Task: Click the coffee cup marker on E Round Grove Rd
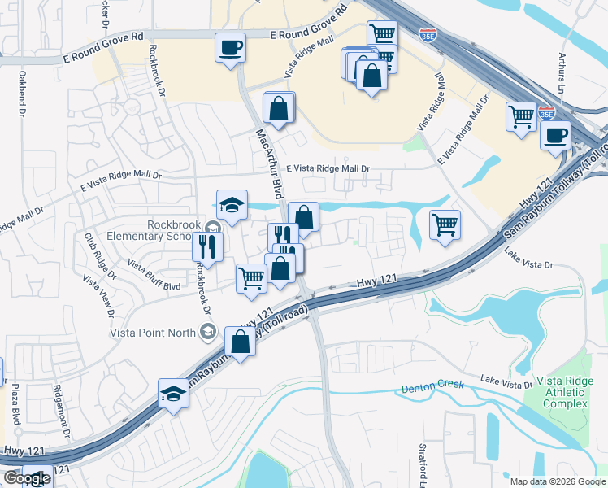click(230, 46)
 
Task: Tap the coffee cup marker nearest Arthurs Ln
click(556, 134)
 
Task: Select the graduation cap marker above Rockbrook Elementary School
click(232, 204)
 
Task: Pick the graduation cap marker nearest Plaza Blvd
click(173, 394)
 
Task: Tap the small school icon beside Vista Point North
click(208, 330)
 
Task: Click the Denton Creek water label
click(432, 387)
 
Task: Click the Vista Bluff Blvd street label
click(154, 275)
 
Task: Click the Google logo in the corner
click(27, 478)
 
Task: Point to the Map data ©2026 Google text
click(558, 481)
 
